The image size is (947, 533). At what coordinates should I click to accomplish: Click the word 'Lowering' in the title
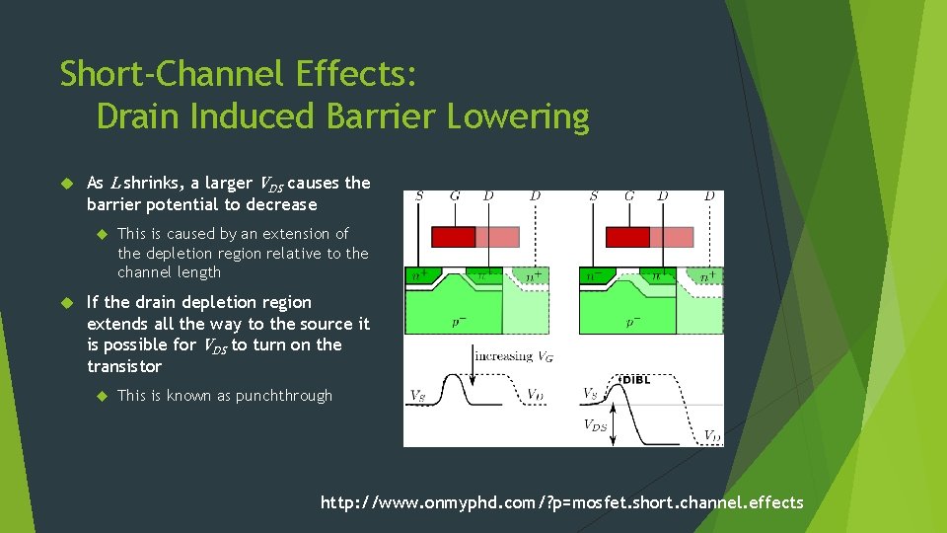[x=518, y=116]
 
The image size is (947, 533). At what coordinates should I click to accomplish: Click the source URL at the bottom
[x=561, y=502]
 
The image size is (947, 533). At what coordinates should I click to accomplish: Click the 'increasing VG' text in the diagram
[x=513, y=356]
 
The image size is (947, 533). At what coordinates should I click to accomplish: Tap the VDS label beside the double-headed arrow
[x=594, y=425]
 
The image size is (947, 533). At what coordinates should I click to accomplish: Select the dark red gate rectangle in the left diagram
[x=454, y=237]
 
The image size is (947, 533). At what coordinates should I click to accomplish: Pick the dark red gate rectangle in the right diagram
[x=627, y=237]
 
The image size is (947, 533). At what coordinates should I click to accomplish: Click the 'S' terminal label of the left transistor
[x=419, y=196]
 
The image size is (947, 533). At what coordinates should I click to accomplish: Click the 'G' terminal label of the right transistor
[x=629, y=196]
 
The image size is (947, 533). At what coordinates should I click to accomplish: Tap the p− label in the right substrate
[x=633, y=322]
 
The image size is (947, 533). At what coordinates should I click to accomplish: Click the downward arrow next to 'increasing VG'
[x=472, y=364]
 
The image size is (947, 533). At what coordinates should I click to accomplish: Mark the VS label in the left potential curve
[x=418, y=396]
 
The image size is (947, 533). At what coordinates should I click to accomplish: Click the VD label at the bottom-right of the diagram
[x=710, y=434]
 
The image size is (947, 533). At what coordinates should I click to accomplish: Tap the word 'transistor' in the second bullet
[x=123, y=366]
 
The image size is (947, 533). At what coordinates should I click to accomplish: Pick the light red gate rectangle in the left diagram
[x=497, y=237]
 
